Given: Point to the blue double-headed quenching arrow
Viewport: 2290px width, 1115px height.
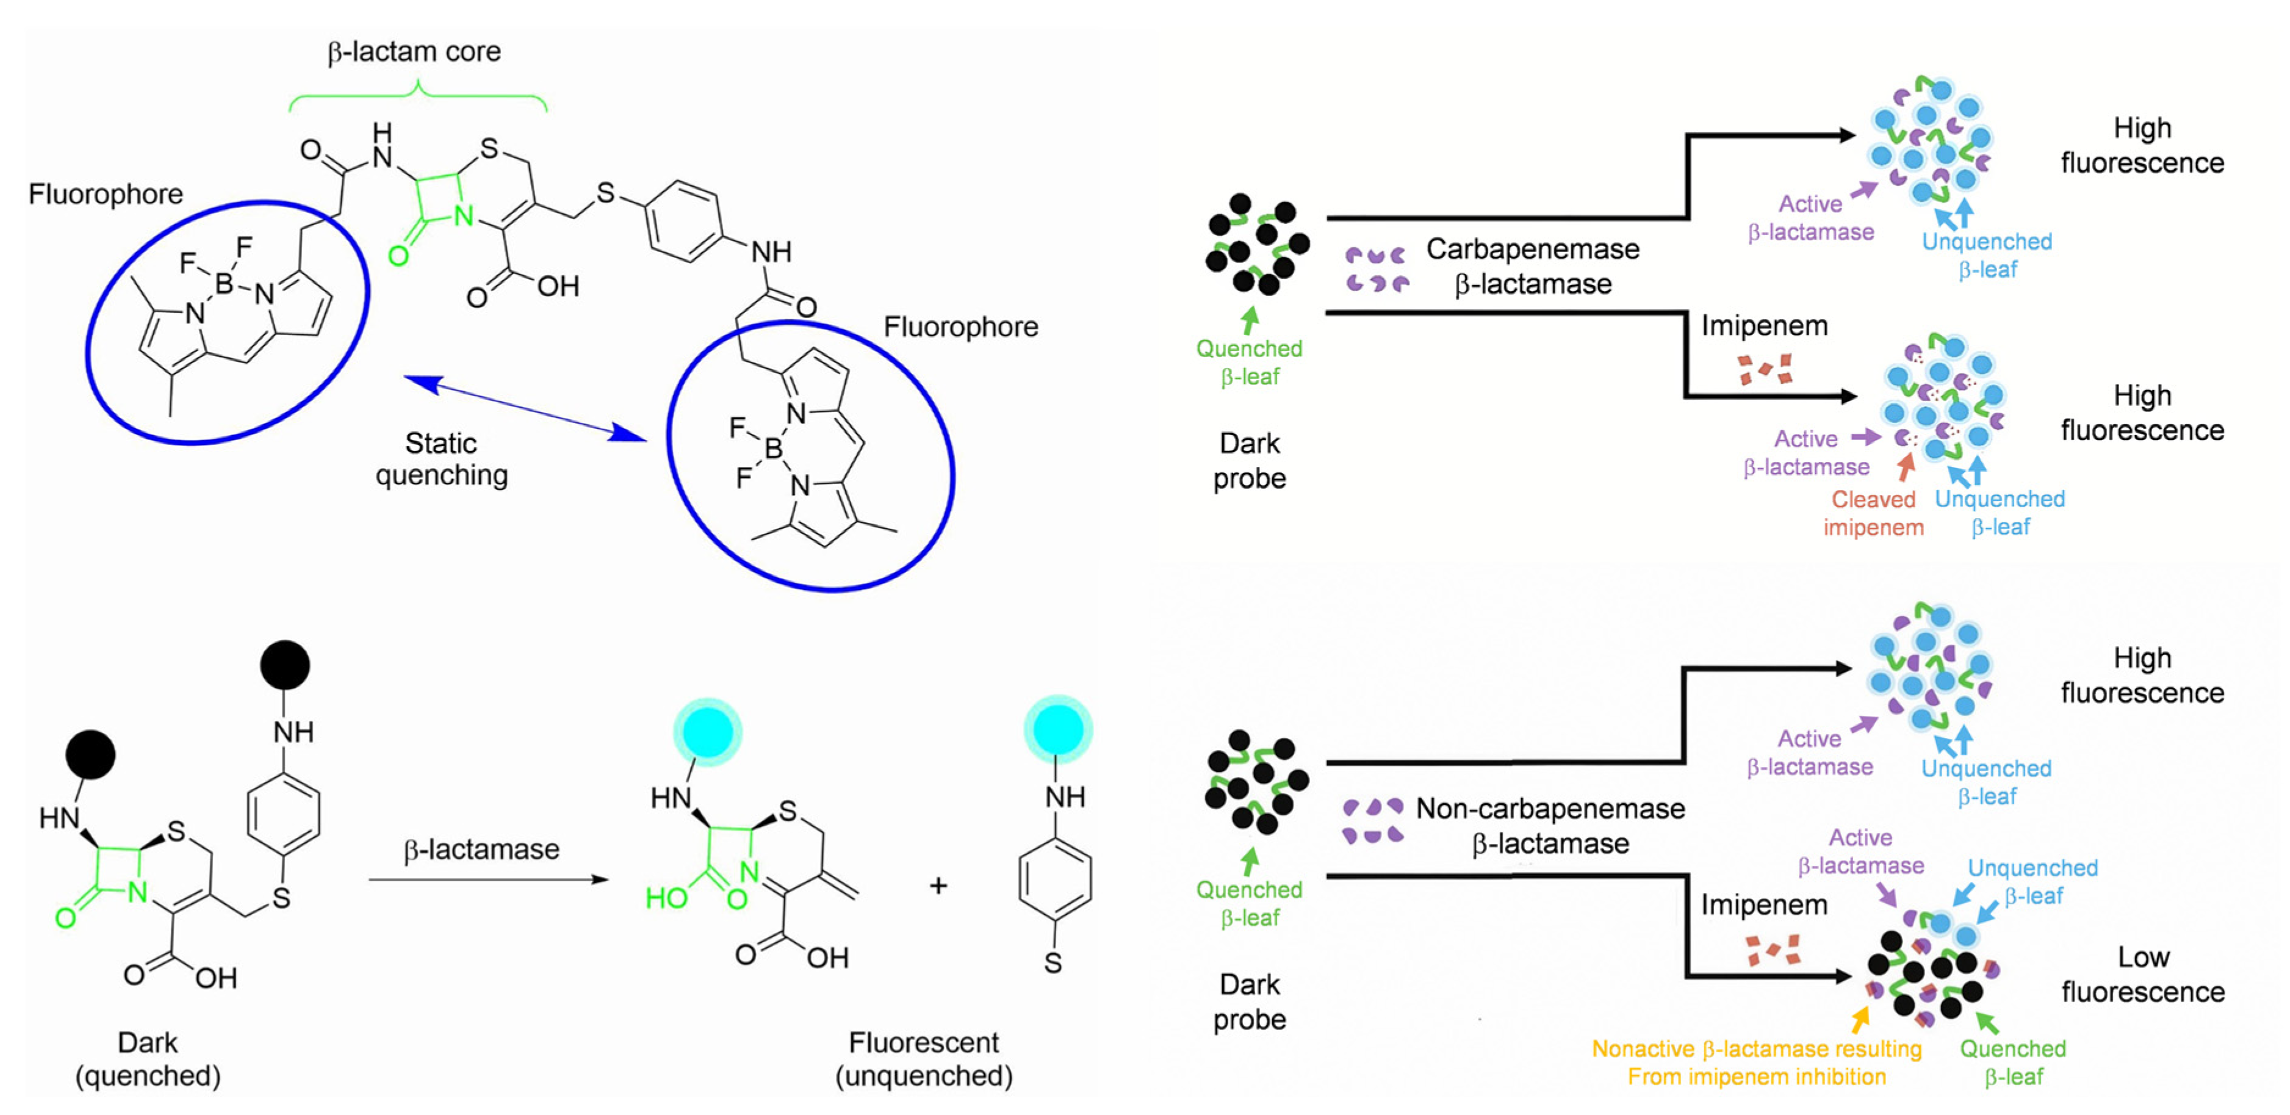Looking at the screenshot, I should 525,408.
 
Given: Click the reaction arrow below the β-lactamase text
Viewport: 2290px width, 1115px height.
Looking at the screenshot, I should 487,879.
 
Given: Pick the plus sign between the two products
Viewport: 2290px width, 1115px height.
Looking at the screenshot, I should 938,886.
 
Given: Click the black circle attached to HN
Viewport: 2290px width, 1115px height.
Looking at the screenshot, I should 91,755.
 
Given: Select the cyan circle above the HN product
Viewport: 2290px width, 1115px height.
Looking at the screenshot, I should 708,732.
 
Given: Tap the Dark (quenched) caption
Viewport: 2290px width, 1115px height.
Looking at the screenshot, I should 148,1058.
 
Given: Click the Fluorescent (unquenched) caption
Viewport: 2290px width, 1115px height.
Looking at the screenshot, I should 924,1058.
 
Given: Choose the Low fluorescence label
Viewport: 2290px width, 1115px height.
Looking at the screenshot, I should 2142,973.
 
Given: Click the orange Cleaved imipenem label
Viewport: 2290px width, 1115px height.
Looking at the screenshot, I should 1873,513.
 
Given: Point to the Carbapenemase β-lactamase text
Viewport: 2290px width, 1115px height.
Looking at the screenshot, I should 1533,266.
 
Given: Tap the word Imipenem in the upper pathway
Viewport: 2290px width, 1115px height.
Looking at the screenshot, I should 1764,327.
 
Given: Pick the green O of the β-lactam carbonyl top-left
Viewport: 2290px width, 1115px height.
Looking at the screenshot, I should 398,256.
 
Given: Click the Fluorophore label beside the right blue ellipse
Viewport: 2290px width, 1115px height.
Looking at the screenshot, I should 960,327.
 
